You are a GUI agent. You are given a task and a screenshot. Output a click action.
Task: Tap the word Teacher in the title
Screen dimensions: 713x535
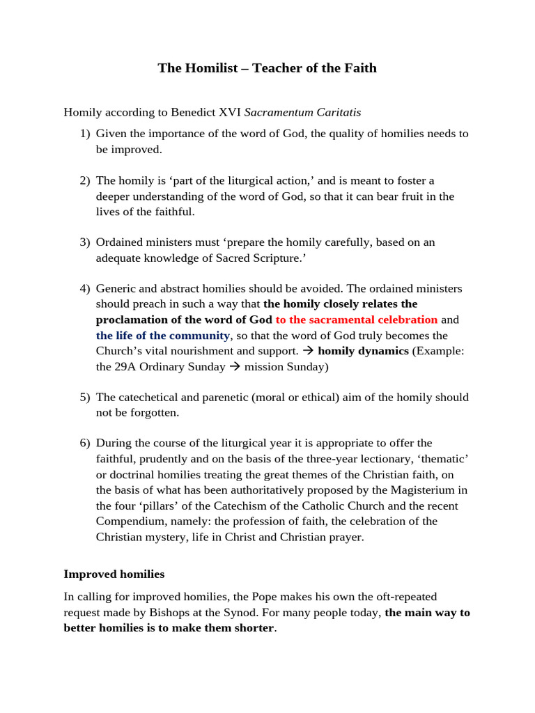click(x=277, y=68)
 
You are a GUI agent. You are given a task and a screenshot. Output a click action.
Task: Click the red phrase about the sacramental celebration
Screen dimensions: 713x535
click(x=357, y=320)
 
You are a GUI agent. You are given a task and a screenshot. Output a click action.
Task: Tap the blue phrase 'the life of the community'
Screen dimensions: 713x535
click(x=163, y=336)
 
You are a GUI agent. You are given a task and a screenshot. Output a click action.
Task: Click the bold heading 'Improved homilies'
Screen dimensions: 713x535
click(x=114, y=574)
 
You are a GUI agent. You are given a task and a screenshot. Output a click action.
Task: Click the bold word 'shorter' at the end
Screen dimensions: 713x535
click(x=254, y=629)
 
